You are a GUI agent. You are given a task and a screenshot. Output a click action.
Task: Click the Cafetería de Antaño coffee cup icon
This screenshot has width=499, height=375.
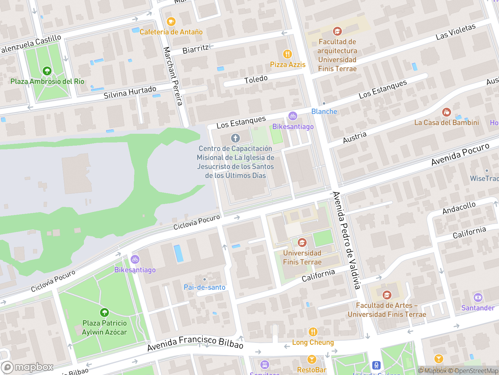point(171,22)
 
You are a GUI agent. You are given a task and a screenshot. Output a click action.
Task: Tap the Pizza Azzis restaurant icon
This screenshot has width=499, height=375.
point(287,54)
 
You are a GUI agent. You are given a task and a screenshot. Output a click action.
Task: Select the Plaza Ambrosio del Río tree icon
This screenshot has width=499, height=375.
point(47,71)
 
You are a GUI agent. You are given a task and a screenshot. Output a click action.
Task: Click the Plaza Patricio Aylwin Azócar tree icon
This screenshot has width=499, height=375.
point(104,312)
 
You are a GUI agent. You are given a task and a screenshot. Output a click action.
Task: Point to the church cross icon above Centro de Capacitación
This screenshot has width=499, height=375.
point(235,138)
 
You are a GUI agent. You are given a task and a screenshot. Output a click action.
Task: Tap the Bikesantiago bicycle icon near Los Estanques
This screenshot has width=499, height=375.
point(293,116)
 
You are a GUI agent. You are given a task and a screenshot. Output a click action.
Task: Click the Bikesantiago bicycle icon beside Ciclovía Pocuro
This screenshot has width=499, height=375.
point(135,259)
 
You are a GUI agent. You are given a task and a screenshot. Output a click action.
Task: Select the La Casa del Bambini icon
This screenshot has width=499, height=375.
point(446,112)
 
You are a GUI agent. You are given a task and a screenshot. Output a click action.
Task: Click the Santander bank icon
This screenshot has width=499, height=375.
point(478,297)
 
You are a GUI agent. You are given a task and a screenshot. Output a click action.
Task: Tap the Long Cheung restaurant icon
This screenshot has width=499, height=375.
point(313,332)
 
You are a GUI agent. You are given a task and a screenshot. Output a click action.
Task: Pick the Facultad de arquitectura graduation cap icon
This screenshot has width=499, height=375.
point(337,31)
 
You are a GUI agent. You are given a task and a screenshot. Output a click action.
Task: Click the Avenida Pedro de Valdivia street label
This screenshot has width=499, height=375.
point(347,240)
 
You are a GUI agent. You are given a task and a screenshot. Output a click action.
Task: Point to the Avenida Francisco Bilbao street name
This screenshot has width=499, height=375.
point(195,342)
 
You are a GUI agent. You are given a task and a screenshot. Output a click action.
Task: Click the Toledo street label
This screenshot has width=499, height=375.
point(256,79)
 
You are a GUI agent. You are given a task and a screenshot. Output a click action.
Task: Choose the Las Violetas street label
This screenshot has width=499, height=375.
point(456,32)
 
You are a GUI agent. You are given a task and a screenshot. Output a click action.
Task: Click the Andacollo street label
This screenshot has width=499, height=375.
point(459,208)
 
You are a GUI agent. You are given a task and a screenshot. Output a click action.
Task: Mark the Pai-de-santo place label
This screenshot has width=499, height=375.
point(205,287)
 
